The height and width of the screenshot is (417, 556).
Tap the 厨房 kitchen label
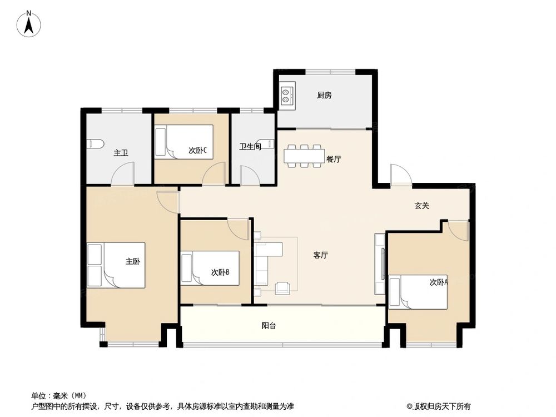point(324,95)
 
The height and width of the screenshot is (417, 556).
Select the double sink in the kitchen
point(287,95)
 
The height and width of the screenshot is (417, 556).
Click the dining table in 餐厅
point(304,156)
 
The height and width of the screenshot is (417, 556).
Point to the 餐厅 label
point(334,159)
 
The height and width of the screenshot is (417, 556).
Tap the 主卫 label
point(121,152)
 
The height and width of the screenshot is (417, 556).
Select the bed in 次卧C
point(185,142)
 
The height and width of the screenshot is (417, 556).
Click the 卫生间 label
point(250,147)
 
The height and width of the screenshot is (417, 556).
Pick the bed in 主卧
point(117,265)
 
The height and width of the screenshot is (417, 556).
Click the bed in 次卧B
point(211,268)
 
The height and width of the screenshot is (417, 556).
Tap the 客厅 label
point(320,255)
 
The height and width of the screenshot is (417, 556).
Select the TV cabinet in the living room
point(380,264)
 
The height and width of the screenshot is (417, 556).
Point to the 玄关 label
point(422,206)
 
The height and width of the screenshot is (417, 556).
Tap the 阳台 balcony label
point(269,326)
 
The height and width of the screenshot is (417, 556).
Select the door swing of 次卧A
point(459,229)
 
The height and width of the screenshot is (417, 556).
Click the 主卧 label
point(132,261)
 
